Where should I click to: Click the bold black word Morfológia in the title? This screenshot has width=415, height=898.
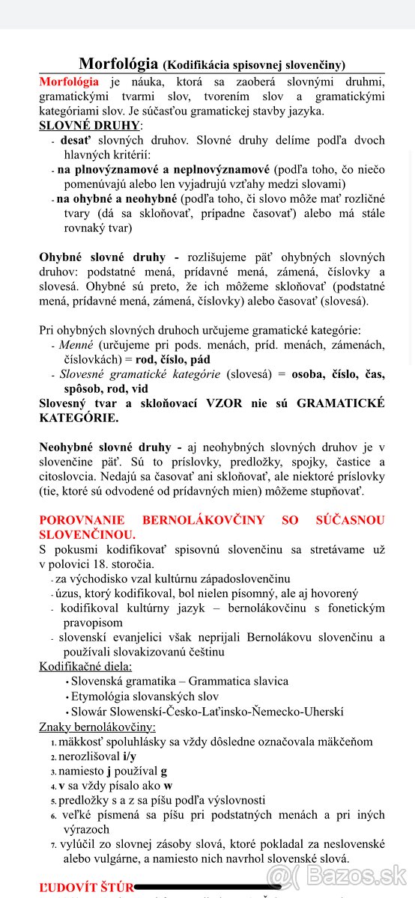pyautogui.click(x=118, y=64)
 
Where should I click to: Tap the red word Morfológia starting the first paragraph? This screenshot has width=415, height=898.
pyautogui.click(x=69, y=81)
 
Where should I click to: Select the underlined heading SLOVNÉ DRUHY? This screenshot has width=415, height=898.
pyautogui.click(x=89, y=125)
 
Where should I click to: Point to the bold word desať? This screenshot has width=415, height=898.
pyautogui.click(x=76, y=140)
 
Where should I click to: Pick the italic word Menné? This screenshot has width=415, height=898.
pyautogui.click(x=76, y=344)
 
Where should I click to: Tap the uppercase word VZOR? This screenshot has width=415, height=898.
pyautogui.click(x=222, y=403)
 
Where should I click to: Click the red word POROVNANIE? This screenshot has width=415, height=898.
pyautogui.click(x=81, y=520)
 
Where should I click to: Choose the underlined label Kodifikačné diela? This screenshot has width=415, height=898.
pyautogui.click(x=85, y=666)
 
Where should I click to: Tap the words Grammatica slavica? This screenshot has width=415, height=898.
pyautogui.click(x=238, y=681)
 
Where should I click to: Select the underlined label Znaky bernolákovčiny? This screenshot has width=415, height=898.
pyautogui.click(x=97, y=727)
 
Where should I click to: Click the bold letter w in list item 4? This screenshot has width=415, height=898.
pyautogui.click(x=168, y=786)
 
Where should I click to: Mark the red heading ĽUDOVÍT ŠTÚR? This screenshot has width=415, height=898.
pyautogui.click(x=86, y=888)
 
